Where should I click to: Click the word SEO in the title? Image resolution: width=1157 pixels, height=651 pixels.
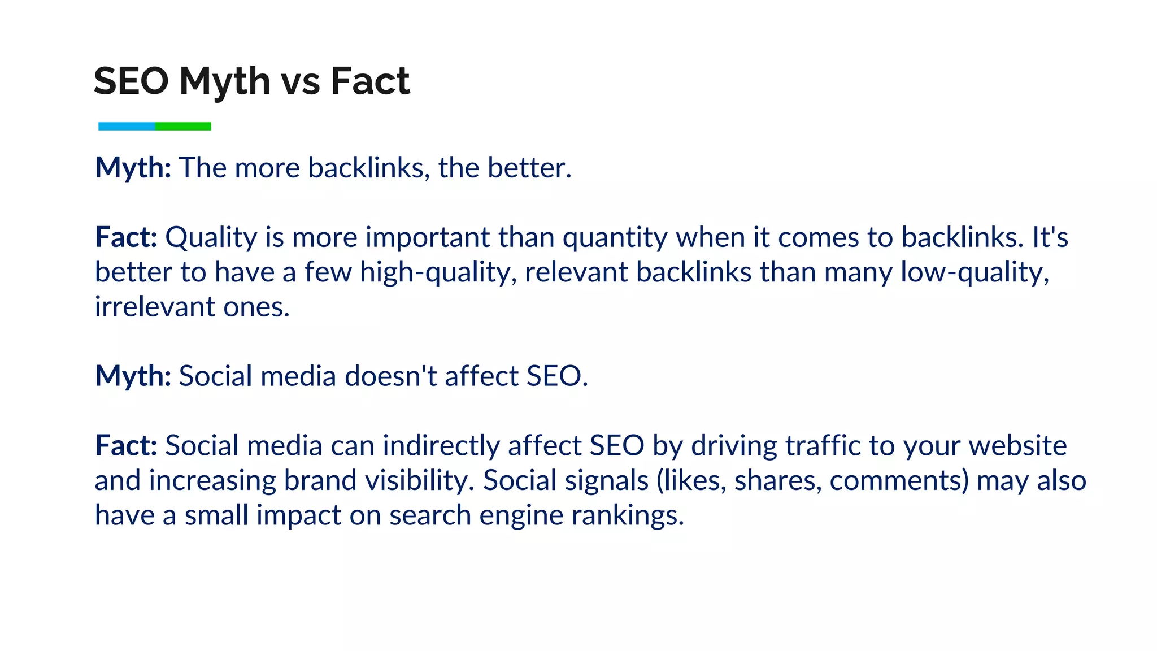[x=131, y=81]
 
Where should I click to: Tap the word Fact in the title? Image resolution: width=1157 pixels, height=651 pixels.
[x=370, y=81]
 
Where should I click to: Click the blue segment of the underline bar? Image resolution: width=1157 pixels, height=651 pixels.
[x=127, y=127]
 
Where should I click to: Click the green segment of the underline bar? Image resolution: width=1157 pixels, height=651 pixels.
[x=183, y=127]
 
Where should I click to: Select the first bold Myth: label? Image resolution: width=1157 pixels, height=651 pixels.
[x=133, y=168]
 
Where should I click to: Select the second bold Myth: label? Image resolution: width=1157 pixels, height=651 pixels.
[x=133, y=376]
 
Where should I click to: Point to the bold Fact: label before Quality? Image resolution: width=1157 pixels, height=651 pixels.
[x=125, y=237]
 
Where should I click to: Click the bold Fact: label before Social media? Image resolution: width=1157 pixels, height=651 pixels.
[x=125, y=446]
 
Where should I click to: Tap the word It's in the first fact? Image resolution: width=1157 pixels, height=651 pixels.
[x=1050, y=237]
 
